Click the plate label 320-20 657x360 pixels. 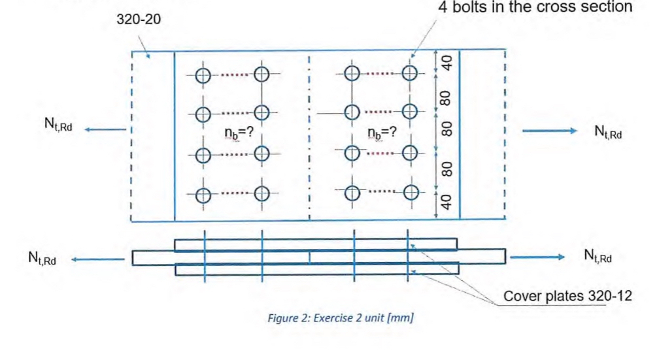click(138, 20)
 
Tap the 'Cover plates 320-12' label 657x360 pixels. click(567, 296)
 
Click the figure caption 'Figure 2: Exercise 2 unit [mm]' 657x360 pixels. click(340, 318)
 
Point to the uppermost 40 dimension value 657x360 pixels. click(446, 63)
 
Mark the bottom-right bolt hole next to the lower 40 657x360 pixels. click(411, 193)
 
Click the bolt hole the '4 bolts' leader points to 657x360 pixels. click(410, 73)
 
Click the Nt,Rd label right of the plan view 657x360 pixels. click(608, 132)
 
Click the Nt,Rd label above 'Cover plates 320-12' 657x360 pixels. click(598, 256)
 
